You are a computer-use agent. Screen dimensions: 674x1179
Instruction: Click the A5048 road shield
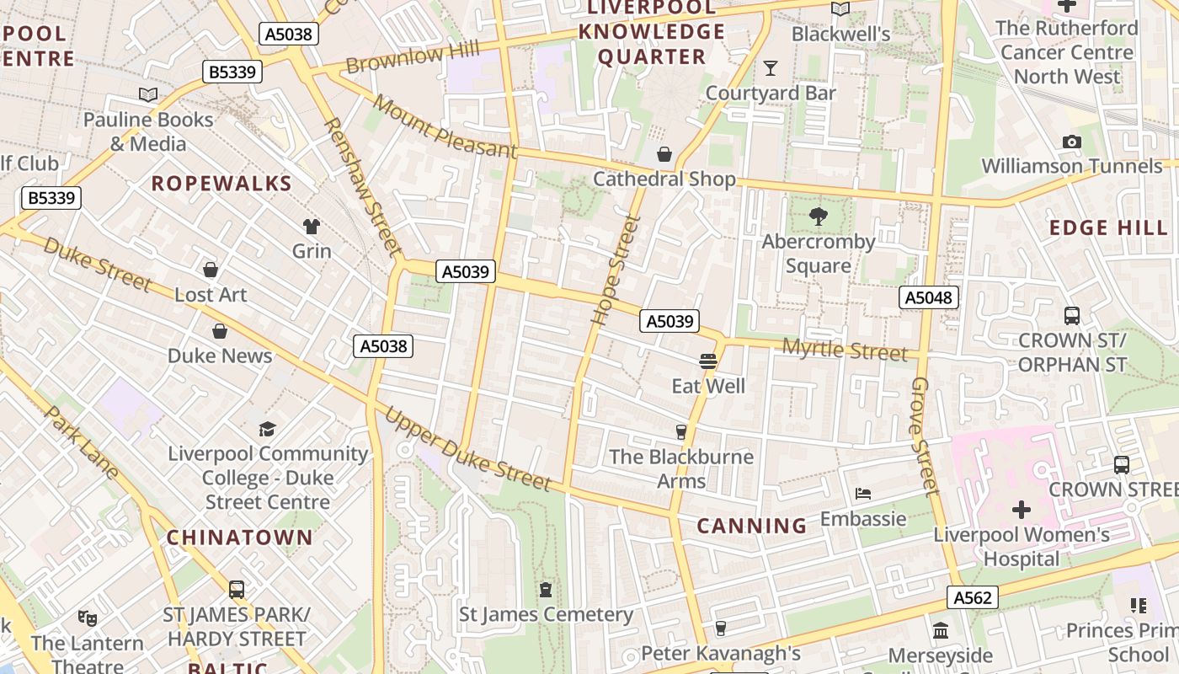(x=928, y=297)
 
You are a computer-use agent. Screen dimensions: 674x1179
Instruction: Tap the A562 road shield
(x=972, y=598)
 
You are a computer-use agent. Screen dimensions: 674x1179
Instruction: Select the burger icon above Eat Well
(x=707, y=361)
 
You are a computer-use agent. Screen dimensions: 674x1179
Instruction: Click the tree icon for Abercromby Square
(x=818, y=217)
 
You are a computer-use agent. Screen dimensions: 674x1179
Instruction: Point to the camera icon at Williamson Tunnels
(x=1071, y=142)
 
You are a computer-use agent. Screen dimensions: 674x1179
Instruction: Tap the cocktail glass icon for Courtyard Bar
(x=770, y=68)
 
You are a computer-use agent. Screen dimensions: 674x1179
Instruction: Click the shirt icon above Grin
(x=312, y=226)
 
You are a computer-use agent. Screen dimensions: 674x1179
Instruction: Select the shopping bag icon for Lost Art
(x=211, y=270)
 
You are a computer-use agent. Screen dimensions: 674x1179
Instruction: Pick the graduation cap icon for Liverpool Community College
(x=267, y=429)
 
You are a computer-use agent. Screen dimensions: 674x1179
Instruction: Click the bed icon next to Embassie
(x=863, y=494)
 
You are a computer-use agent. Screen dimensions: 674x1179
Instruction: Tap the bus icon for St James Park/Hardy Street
(x=237, y=590)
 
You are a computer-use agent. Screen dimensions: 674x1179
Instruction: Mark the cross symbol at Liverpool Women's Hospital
(x=1021, y=510)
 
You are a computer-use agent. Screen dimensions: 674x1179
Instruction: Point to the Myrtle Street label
(x=845, y=349)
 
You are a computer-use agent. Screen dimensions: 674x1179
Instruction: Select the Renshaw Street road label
(x=361, y=186)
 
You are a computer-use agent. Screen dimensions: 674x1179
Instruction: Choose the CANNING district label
(x=752, y=527)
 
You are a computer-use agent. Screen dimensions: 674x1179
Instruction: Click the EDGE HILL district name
(x=1108, y=227)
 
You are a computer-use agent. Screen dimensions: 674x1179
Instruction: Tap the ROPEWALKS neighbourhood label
(x=221, y=184)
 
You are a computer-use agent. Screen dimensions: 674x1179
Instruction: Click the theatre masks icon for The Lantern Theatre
(x=87, y=618)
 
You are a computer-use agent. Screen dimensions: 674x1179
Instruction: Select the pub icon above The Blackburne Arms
(x=681, y=432)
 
